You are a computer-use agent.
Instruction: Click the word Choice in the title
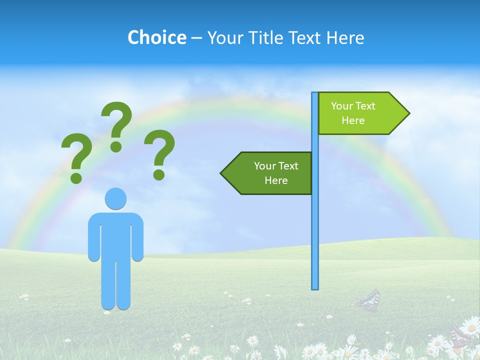pos(156,37)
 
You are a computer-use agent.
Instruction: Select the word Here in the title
pos(345,37)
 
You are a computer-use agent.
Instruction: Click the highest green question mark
pos(117,122)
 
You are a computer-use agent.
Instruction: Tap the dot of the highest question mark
pos(116,146)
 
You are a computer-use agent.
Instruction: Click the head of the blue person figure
pos(115,199)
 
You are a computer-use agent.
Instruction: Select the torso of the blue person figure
pos(116,235)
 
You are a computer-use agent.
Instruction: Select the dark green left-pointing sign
pos(270,173)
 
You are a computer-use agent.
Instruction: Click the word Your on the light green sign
pos(342,106)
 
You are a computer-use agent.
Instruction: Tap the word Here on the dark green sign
pos(276,180)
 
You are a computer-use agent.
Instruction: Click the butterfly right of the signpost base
pos(369,300)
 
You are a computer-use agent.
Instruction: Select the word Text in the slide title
pos(304,37)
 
